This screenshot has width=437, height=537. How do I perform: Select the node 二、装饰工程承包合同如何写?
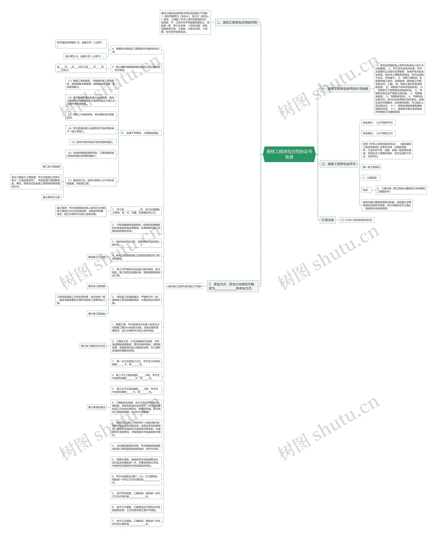point(237,22)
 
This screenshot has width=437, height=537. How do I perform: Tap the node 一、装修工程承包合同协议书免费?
point(345,89)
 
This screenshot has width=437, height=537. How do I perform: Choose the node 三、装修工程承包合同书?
point(338,164)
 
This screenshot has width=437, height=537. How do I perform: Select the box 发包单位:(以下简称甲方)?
point(378,123)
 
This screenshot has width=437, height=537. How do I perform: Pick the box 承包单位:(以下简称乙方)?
point(378,133)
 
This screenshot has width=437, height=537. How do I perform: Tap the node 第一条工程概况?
point(371,167)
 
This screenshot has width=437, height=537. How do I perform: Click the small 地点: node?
point(366,190)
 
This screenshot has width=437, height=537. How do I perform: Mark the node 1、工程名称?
point(371,178)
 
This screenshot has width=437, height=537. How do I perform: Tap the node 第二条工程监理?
point(51,166)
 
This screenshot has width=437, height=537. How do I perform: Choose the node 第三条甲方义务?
point(51,197)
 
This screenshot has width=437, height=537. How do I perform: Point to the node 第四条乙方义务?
point(97,257)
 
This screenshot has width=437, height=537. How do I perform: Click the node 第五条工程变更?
point(97,286)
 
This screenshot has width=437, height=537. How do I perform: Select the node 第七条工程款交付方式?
point(93,346)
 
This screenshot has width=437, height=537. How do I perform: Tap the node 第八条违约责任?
point(97,407)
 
